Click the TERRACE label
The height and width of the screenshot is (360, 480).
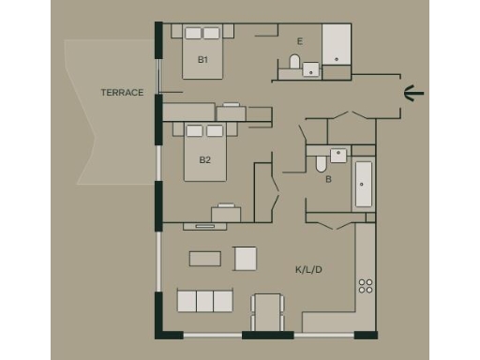pyautogui.click(x=122, y=93)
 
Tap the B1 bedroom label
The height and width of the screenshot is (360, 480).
pyautogui.click(x=202, y=59)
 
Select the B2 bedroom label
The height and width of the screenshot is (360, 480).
pyautogui.click(x=204, y=159)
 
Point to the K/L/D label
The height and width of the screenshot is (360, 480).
pyautogui.click(x=308, y=270)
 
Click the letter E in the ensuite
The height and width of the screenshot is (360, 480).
pyautogui.click(x=299, y=41)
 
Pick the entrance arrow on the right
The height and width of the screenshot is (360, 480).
pyautogui.click(x=413, y=92)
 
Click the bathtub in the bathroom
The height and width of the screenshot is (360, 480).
pyautogui.click(x=362, y=186)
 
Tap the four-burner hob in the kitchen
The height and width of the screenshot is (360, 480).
pyautogui.click(x=365, y=285)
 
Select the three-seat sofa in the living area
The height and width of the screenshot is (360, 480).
pyautogui.click(x=204, y=301)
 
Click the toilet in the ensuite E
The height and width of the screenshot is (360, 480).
pyautogui.click(x=294, y=63)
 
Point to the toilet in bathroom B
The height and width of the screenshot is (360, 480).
pyautogui.click(x=321, y=164)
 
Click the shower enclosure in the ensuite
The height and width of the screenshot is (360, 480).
pyautogui.click(x=337, y=44)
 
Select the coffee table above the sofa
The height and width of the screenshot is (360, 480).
pyautogui.click(x=205, y=258)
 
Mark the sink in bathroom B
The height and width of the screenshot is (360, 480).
pyautogui.click(x=338, y=156)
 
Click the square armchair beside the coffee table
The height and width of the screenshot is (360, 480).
pyautogui.click(x=246, y=258)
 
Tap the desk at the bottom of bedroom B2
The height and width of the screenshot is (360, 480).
pyautogui.click(x=226, y=214)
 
